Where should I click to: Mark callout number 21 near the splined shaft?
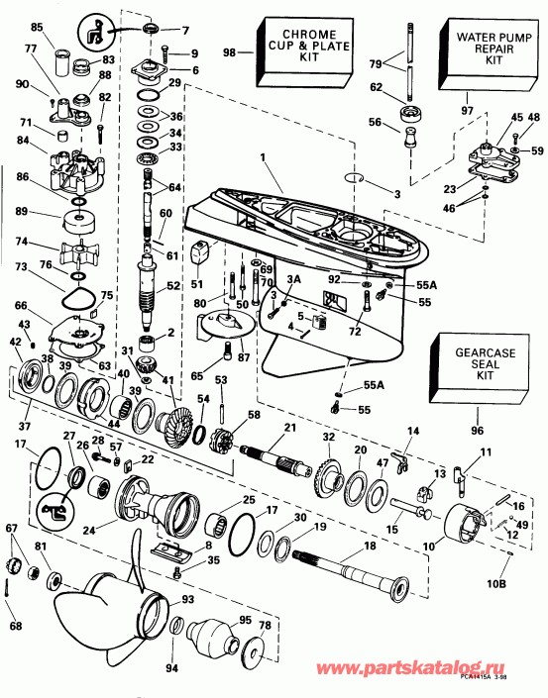(291, 429)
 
